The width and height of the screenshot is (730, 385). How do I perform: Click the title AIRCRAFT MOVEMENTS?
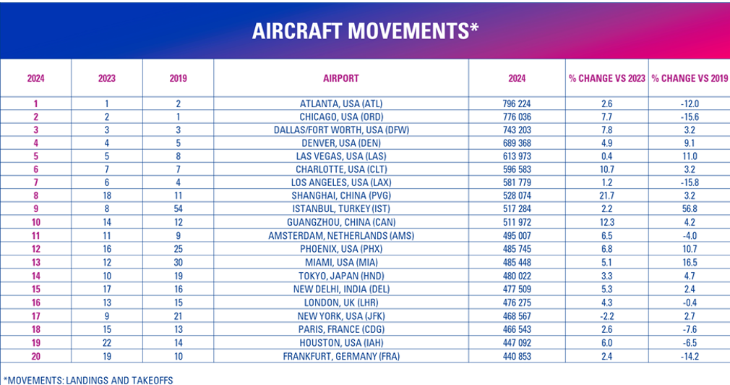(x=365, y=31)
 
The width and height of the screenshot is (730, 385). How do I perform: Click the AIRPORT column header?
(x=341, y=78)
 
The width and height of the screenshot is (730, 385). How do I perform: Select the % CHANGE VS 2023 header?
(x=606, y=78)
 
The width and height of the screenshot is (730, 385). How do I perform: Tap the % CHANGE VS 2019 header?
(x=690, y=78)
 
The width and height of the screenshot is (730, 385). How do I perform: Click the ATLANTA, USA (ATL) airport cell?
(x=341, y=103)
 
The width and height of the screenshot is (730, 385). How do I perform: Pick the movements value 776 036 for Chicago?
(x=517, y=117)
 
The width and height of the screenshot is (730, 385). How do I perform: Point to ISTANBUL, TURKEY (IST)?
(x=341, y=209)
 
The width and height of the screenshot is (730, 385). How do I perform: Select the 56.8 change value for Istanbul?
(x=690, y=209)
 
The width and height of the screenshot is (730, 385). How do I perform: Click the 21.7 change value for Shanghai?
(x=606, y=196)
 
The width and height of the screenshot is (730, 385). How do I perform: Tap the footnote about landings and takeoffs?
(x=88, y=381)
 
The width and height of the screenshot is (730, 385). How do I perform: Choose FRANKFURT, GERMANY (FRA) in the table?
(x=341, y=357)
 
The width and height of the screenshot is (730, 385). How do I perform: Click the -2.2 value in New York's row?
(x=606, y=316)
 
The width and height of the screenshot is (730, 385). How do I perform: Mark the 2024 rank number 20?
(x=36, y=357)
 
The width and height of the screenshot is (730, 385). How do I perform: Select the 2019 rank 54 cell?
(x=178, y=209)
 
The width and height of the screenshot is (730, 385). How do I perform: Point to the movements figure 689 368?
(x=517, y=143)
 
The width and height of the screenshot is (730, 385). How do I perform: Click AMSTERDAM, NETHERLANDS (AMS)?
(x=341, y=236)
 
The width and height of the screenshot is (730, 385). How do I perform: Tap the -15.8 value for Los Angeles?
(x=690, y=182)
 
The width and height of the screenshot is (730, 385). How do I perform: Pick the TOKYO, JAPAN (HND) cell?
(x=341, y=276)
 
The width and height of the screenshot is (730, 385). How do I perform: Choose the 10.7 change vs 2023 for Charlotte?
(x=606, y=169)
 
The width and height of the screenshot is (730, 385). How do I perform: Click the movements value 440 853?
(x=517, y=357)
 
